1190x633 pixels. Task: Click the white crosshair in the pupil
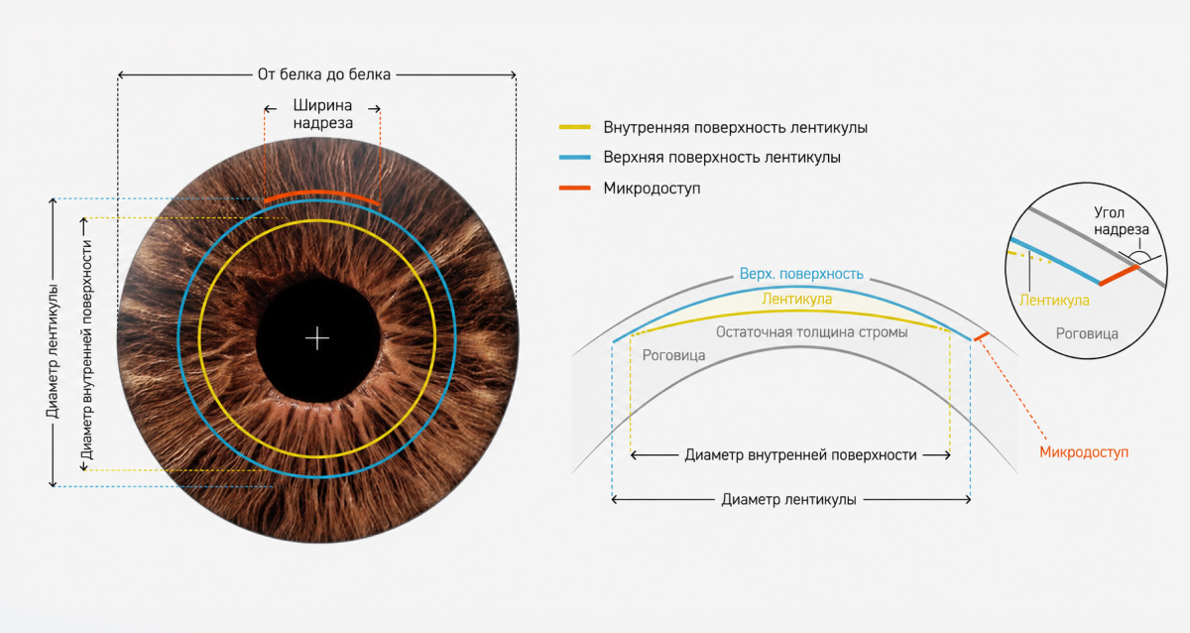pyautogui.click(x=317, y=338)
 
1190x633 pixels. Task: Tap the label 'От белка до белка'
pyautogui.click(x=324, y=74)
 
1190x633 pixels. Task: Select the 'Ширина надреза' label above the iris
pyautogui.click(x=323, y=114)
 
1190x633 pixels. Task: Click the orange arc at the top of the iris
pyautogui.click(x=322, y=193)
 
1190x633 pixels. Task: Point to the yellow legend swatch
pyautogui.click(x=575, y=128)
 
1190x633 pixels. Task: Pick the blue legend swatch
pyautogui.click(x=575, y=158)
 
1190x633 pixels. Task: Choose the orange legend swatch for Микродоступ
pyautogui.click(x=575, y=188)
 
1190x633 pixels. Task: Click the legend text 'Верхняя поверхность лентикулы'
pyautogui.click(x=722, y=158)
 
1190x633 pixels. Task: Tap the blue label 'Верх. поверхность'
pyautogui.click(x=801, y=274)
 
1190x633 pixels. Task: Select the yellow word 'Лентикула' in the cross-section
pyautogui.click(x=797, y=300)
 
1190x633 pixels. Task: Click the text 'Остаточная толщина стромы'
pyautogui.click(x=812, y=332)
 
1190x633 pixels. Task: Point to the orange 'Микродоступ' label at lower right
pyautogui.click(x=1084, y=452)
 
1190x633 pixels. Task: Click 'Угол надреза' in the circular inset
pyautogui.click(x=1121, y=221)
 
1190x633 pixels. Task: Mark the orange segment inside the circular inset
pyautogui.click(x=1119, y=275)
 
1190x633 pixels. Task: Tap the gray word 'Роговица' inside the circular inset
pyautogui.click(x=1087, y=333)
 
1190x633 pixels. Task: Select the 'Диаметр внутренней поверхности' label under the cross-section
pyautogui.click(x=800, y=455)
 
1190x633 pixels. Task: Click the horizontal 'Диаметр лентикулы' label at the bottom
pyautogui.click(x=789, y=500)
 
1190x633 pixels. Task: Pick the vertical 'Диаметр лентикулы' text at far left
pyautogui.click(x=53, y=351)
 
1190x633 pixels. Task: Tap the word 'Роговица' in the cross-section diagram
pyautogui.click(x=673, y=355)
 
